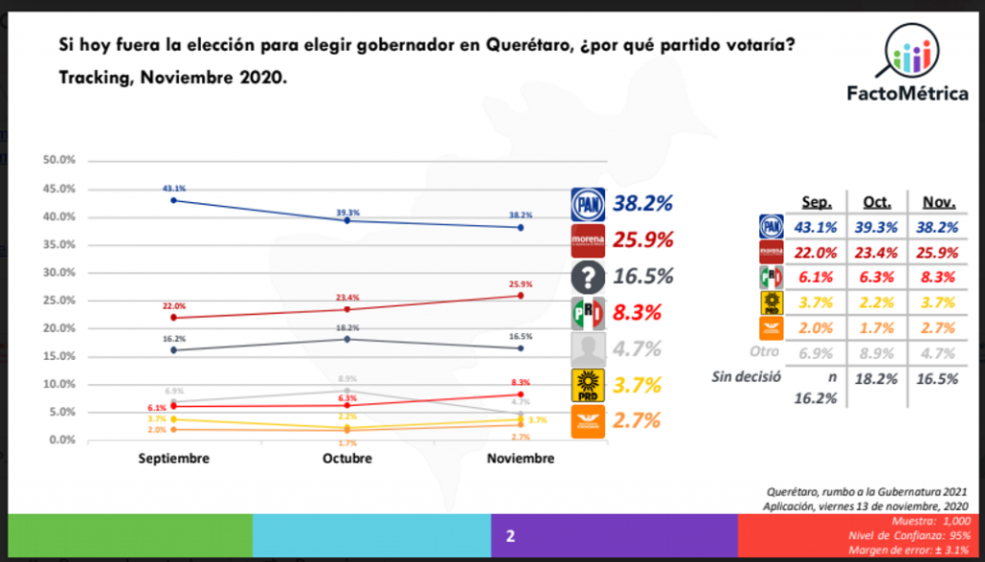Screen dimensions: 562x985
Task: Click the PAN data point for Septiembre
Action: click(173, 200)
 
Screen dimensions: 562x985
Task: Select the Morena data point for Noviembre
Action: click(520, 295)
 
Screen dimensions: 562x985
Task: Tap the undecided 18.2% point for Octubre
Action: click(347, 339)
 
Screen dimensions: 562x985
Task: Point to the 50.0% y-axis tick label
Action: click(60, 161)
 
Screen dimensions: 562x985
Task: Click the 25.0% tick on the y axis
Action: click(60, 300)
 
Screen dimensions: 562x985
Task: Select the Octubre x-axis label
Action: click(347, 459)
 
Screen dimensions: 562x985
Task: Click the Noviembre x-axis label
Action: click(520, 459)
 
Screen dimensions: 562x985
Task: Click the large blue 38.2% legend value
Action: click(643, 203)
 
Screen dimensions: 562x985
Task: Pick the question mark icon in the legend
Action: click(589, 277)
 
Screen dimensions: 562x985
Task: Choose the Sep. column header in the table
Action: click(818, 203)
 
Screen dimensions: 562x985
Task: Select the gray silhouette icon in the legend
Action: click(589, 348)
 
